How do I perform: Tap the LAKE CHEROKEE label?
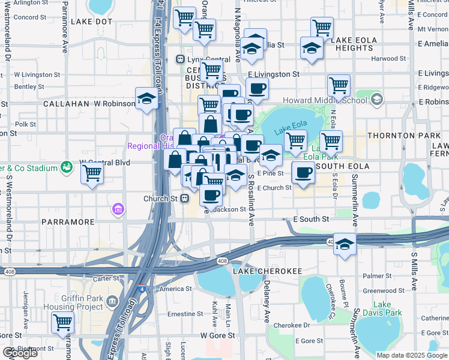[x=267, y=271]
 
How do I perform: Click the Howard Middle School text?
[x=333, y=100]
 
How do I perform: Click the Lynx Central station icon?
[x=179, y=59]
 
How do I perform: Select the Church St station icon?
[x=185, y=199]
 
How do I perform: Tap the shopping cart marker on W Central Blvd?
[x=92, y=173]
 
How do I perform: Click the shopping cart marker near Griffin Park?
[x=62, y=322]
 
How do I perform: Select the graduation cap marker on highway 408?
[x=345, y=244]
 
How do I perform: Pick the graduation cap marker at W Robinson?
[x=146, y=98]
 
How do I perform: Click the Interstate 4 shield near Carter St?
[x=141, y=289]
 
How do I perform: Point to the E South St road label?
[x=311, y=220]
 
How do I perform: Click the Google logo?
[x=20, y=353]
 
